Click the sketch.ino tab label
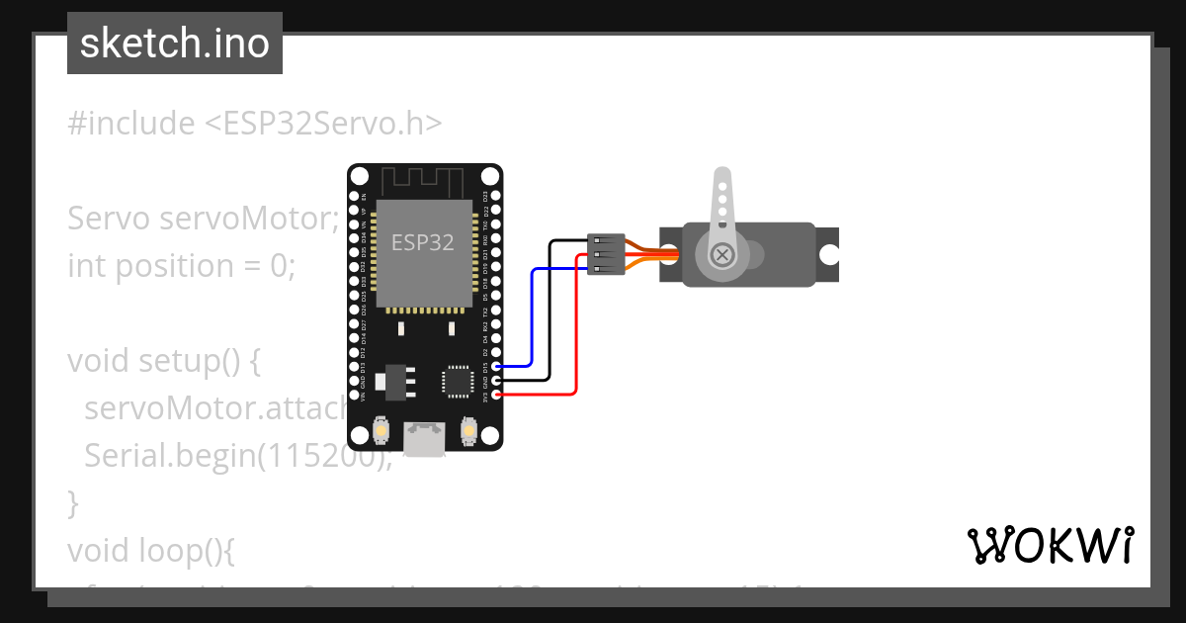175,44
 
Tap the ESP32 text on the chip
423,242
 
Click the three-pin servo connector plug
606,254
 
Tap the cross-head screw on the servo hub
723,255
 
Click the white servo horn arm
722,203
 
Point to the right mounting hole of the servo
828,254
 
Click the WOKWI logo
1050,545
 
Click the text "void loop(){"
150,548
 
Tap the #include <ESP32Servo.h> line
255,124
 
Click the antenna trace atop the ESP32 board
423,182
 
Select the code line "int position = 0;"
181,266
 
